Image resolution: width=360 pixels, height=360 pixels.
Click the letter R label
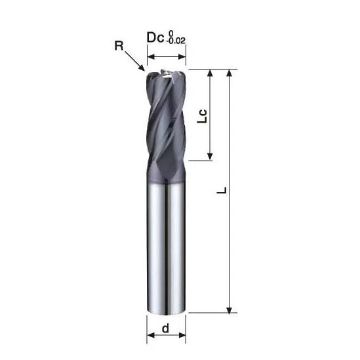[119, 46]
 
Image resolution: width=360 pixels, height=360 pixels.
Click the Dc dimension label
[155, 37]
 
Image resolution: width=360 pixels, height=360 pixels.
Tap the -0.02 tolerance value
[176, 41]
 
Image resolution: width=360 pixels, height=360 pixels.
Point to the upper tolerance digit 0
[171, 33]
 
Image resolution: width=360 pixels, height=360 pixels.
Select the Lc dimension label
[202, 116]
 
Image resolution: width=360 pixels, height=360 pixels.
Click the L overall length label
[222, 191]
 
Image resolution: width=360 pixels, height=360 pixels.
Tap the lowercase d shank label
[165, 328]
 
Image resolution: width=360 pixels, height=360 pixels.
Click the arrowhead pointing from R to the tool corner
[142, 68]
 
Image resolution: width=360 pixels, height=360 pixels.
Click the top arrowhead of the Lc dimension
[210, 73]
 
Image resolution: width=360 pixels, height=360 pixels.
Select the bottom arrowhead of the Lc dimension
[210, 156]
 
